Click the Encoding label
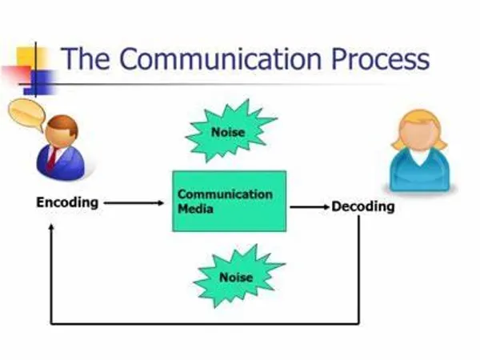click(67, 202)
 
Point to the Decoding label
click(363, 206)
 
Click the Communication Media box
click(229, 200)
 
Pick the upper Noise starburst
click(229, 130)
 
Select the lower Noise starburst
click(237, 276)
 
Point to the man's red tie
click(51, 157)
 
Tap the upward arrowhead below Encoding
click(52, 227)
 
